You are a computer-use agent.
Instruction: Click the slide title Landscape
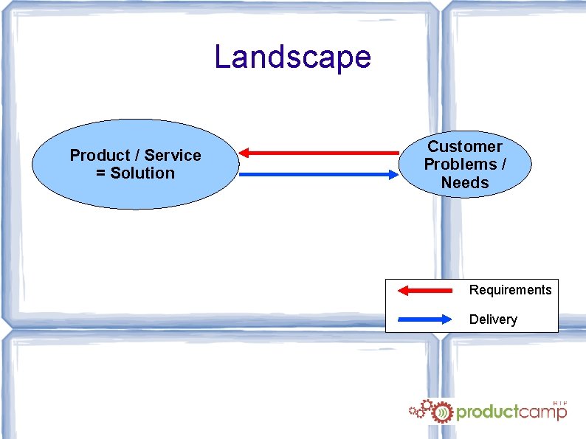(x=292, y=57)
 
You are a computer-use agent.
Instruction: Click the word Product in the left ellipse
(x=100, y=156)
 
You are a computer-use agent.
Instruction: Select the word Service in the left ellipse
(x=173, y=156)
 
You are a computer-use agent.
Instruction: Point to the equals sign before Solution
(x=100, y=173)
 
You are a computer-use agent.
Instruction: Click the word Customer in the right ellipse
(x=465, y=147)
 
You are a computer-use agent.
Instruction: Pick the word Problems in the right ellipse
(x=458, y=165)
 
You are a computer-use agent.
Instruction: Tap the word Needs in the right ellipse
(x=465, y=182)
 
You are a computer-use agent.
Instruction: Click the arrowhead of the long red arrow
(x=246, y=153)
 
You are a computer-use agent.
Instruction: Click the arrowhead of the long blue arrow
(x=392, y=175)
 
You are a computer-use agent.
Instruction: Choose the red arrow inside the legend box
(x=424, y=290)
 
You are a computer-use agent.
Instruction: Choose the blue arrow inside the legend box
(x=424, y=319)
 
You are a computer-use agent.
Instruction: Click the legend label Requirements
(x=510, y=290)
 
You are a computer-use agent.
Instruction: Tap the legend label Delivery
(x=493, y=319)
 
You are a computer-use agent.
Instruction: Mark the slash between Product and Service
(x=137, y=156)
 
